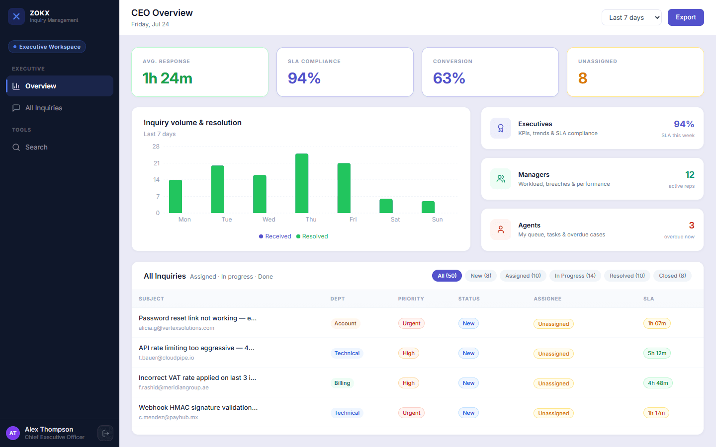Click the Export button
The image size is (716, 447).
[686, 17]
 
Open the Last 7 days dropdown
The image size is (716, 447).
[631, 17]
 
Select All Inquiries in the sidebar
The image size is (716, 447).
[43, 108]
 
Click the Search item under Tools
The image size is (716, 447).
[36, 147]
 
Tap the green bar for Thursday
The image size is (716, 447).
[302, 183]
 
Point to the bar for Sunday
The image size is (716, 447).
[428, 207]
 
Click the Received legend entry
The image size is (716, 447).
[275, 236]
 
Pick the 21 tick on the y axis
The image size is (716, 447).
[156, 163]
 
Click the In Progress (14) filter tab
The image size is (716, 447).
[575, 276]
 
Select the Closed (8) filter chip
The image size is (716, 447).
[672, 276]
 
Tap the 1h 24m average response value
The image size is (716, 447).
[168, 78]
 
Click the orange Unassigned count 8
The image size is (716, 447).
[583, 78]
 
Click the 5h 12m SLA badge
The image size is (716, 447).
[657, 353]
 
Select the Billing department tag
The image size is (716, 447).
[342, 383]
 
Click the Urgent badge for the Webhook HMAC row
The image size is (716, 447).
[411, 413]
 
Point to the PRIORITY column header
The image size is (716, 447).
[411, 299]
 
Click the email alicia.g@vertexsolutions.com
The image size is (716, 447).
[177, 328]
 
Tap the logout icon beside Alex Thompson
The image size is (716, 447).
[105, 433]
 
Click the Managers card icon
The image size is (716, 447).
[501, 179]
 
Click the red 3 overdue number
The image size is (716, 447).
[691, 225]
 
